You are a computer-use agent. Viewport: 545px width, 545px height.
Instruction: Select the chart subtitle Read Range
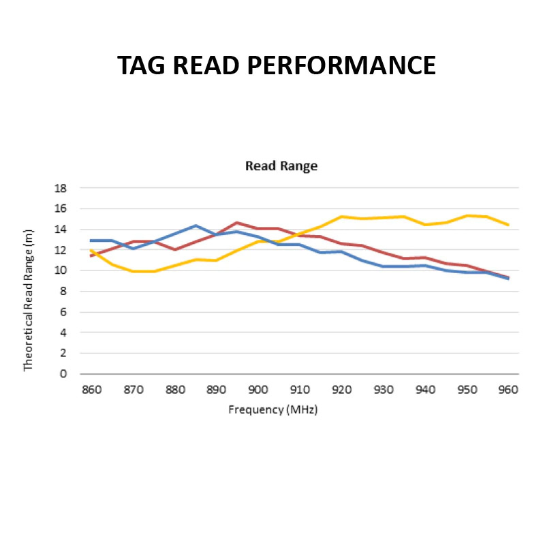[281, 166]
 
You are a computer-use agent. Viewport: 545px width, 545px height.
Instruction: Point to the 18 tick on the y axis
[61, 188]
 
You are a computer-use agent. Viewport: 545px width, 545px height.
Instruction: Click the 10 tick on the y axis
[61, 270]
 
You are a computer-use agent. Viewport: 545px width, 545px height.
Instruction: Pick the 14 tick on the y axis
[61, 230]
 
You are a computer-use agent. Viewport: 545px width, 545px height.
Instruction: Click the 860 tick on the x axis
[91, 390]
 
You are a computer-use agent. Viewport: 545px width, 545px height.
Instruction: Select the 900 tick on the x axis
[258, 390]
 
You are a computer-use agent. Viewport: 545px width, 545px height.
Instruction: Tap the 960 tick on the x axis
[508, 390]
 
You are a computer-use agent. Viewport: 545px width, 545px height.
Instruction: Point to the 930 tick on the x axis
[383, 390]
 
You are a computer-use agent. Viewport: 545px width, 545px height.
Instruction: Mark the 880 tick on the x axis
[174, 390]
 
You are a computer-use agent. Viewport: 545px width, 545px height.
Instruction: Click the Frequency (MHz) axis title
[273, 409]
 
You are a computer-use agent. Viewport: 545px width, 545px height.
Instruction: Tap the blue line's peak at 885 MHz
[196, 225]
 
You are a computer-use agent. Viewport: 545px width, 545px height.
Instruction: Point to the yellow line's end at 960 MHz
[508, 225]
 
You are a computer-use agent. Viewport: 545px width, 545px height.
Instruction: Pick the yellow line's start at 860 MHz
[91, 250]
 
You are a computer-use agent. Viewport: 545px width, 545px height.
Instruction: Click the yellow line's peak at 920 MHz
[341, 217]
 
